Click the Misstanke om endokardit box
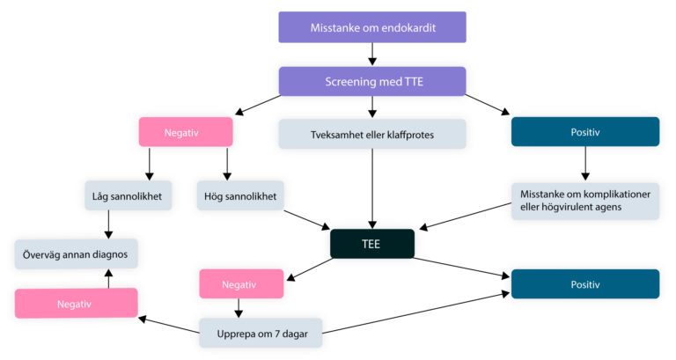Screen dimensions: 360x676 [371, 27]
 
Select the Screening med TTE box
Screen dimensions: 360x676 [371, 81]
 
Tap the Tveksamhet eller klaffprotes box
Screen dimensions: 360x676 [372, 134]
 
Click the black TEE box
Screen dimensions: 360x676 [372, 244]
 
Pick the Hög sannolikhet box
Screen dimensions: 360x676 [238, 195]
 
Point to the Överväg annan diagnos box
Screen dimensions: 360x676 [76, 253]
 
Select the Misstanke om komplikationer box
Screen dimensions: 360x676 [584, 201]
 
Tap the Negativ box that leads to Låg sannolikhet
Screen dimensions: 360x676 [186, 132]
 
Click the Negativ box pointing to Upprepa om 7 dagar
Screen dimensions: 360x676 [241, 283]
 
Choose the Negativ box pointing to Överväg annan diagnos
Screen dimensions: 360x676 [76, 302]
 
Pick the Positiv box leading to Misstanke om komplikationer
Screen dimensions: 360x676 [584, 132]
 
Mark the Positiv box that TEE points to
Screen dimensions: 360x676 [584, 283]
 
